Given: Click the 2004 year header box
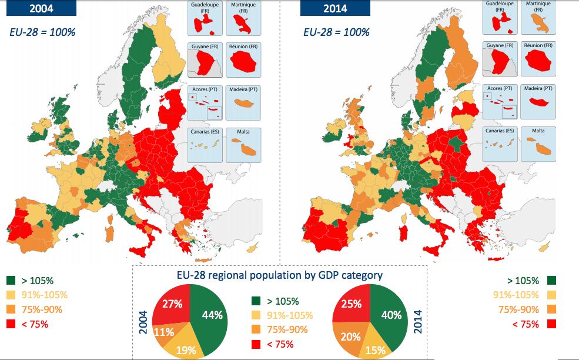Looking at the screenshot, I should [40, 8].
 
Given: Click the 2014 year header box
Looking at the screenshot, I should [334, 8].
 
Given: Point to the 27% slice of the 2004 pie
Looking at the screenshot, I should [172, 304].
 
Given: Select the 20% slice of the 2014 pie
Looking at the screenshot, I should [350, 338].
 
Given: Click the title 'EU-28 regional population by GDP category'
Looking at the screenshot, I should [280, 275].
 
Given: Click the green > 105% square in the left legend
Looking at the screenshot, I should [11, 281].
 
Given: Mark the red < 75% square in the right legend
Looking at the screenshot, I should [551, 324].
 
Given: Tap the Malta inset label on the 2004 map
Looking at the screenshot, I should [243, 131].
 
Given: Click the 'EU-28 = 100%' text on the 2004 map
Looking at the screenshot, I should [42, 32].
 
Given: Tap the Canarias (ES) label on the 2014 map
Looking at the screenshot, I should [499, 131].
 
